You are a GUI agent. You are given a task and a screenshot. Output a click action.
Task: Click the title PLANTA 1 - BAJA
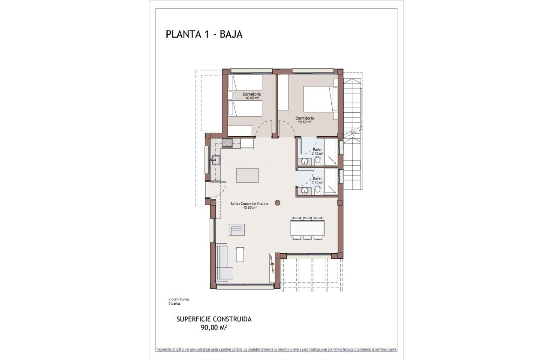(204, 34)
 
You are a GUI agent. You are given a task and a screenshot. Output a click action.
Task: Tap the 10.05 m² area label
(252, 98)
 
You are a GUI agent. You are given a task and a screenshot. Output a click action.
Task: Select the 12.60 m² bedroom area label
(304, 122)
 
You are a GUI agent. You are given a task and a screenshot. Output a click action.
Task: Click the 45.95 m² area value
(249, 208)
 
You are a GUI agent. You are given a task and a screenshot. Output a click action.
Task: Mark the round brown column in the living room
(278, 202)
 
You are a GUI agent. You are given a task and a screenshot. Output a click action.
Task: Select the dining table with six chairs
(307, 228)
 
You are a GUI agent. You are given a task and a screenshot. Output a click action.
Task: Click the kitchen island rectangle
(247, 175)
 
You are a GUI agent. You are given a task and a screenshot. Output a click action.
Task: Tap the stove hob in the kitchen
(227, 143)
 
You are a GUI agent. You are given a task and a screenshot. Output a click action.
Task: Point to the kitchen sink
(216, 160)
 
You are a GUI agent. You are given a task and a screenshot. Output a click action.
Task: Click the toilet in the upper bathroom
(318, 161)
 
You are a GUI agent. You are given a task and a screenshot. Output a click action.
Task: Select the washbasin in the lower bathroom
(305, 191)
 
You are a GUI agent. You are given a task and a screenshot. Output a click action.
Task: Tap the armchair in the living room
(237, 230)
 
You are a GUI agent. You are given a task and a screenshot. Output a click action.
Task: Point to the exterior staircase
(353, 133)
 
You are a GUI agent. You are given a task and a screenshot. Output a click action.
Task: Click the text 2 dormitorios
(179, 299)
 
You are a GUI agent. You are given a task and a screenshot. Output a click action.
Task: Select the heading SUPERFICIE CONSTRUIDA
(214, 319)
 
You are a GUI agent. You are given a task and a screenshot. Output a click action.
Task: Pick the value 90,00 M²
(214, 328)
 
